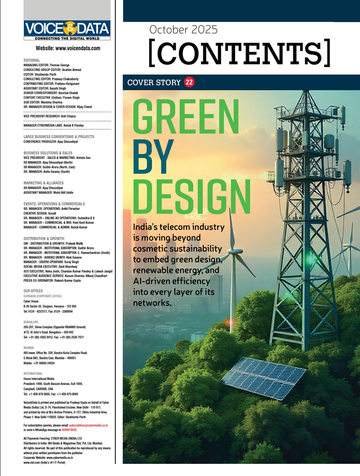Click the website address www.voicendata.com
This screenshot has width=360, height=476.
pyautogui.click(x=68, y=48)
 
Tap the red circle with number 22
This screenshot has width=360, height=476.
pyautogui.click(x=189, y=82)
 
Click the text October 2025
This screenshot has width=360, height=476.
pyautogui.click(x=184, y=30)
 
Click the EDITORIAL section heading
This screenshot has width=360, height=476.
pyautogui.click(x=32, y=60)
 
